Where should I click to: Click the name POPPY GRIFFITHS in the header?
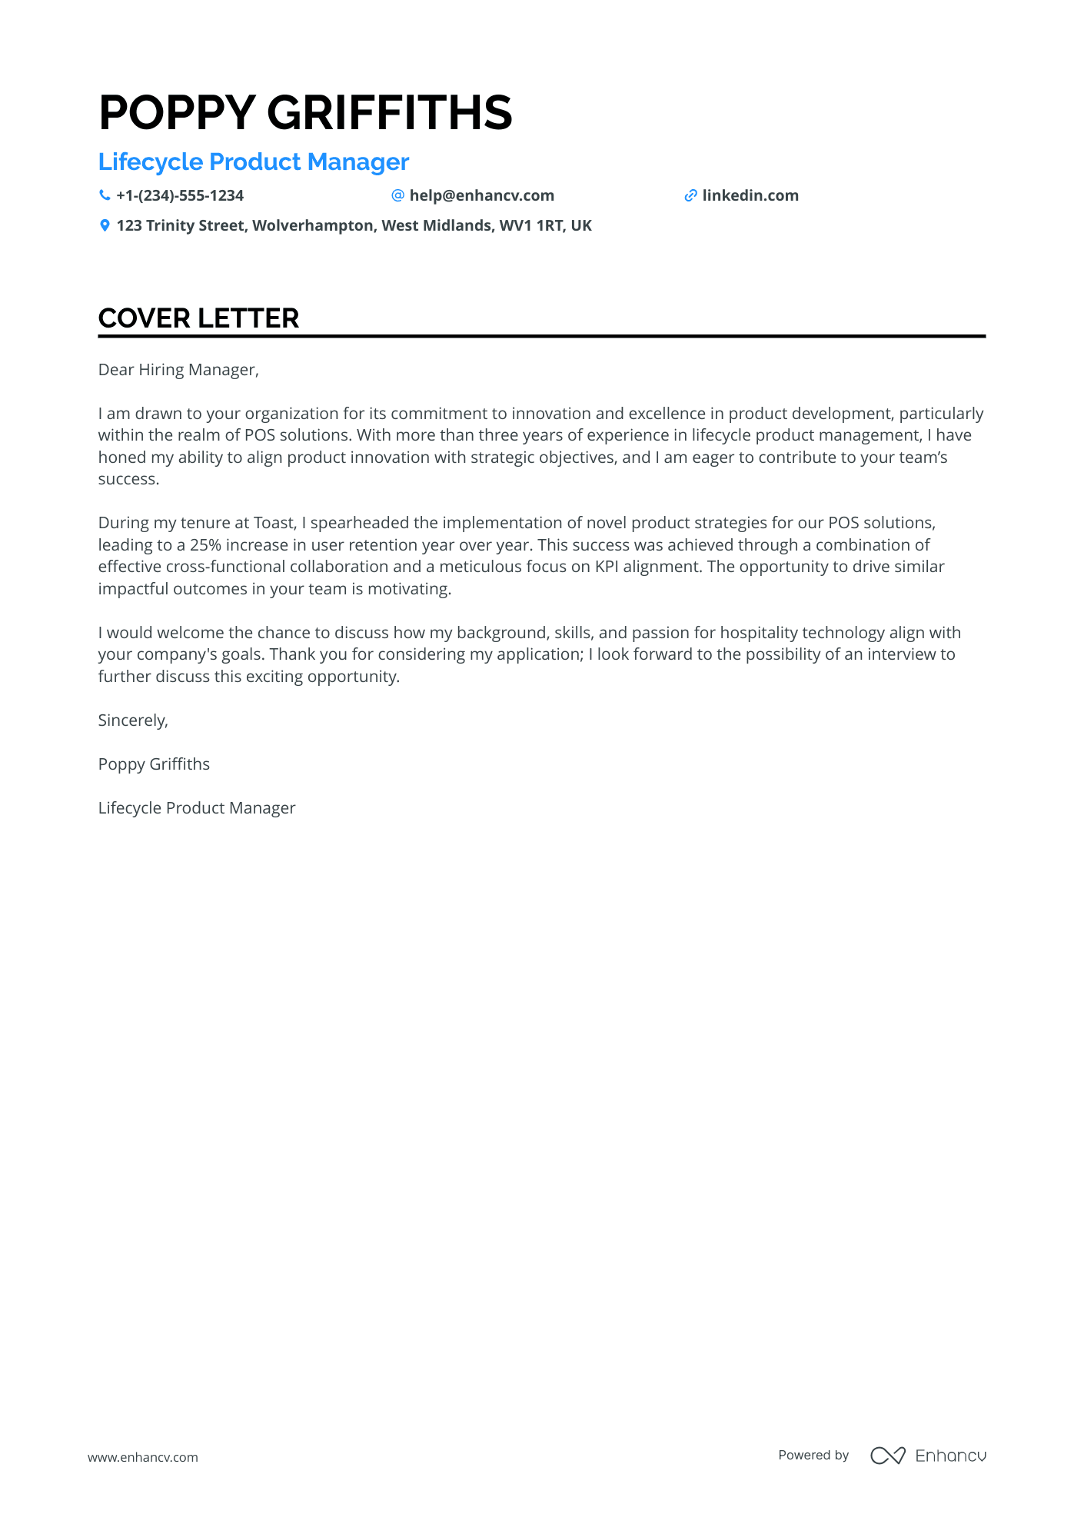(x=305, y=112)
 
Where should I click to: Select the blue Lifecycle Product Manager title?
(x=253, y=162)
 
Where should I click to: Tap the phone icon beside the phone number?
(x=105, y=195)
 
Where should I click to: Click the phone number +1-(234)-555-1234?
(x=180, y=195)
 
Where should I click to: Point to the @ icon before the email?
(x=397, y=195)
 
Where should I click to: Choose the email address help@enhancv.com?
(x=481, y=195)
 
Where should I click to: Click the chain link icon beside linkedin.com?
(x=690, y=195)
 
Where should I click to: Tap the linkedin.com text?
(x=750, y=195)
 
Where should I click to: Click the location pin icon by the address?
(x=105, y=225)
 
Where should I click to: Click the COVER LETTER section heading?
(x=198, y=318)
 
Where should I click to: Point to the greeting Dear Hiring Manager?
(x=178, y=370)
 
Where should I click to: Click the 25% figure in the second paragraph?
(x=205, y=545)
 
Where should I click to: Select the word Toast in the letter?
(x=274, y=523)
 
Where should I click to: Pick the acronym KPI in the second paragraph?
(x=607, y=567)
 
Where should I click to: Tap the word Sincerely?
(x=133, y=720)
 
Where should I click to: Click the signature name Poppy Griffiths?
(x=154, y=764)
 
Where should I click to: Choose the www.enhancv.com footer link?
(x=143, y=1457)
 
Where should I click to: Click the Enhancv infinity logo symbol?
(x=887, y=1456)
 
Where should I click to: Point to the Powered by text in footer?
(x=813, y=1456)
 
